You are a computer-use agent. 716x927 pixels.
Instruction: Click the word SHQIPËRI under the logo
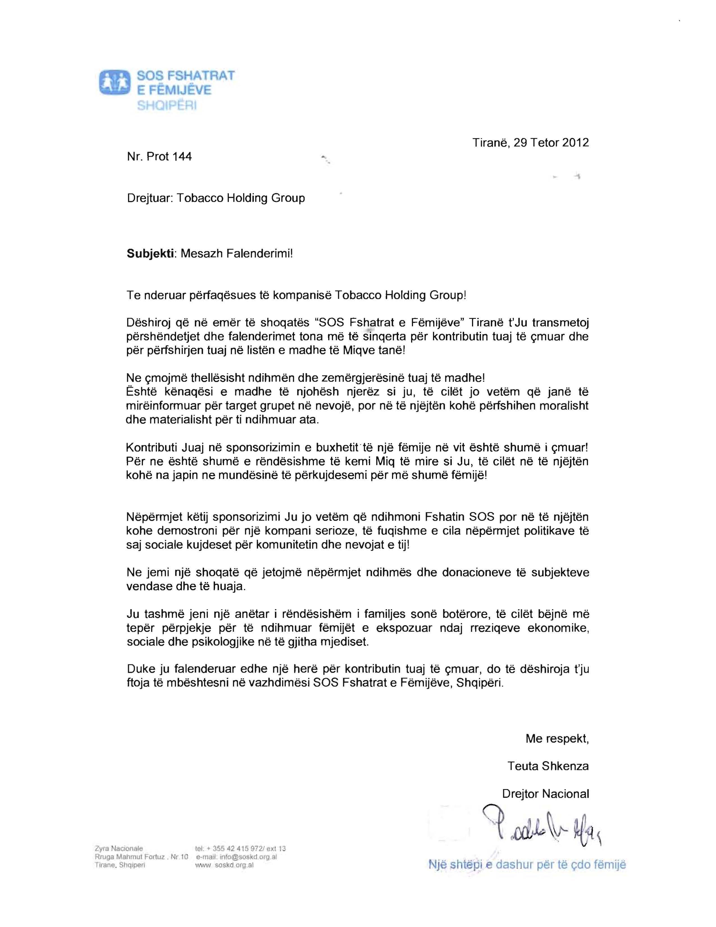click(x=167, y=106)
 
